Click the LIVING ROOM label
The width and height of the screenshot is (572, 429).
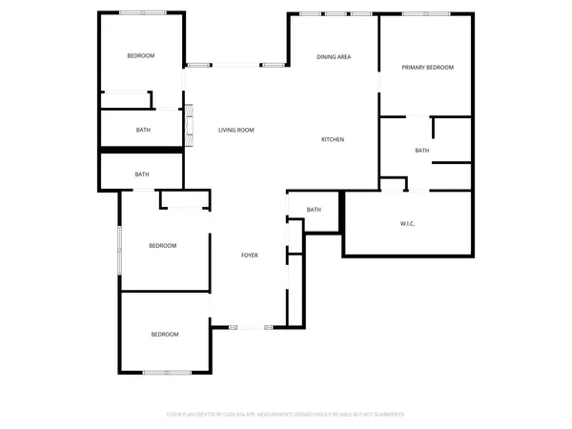tap(235, 131)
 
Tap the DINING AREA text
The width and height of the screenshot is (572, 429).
tap(334, 57)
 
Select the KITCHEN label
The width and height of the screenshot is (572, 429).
tap(332, 140)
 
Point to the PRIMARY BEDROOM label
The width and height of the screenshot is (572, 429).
tap(427, 68)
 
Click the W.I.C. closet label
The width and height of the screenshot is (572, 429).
tap(407, 224)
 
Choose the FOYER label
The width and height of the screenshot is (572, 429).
tap(249, 255)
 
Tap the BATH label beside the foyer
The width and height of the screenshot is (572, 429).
tap(314, 210)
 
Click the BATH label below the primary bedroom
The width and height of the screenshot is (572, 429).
tap(421, 151)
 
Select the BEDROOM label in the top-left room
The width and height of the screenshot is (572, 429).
tap(141, 56)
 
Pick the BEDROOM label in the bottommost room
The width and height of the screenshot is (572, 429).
tap(164, 335)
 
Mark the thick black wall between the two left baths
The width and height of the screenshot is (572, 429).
tap(141, 150)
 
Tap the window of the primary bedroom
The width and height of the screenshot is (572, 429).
tap(424, 13)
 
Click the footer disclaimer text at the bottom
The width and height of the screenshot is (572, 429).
tap(286, 415)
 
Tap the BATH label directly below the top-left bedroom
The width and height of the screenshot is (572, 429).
tap(143, 130)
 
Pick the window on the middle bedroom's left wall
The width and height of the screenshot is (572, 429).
tap(119, 250)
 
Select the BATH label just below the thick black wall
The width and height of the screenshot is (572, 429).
tap(142, 174)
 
